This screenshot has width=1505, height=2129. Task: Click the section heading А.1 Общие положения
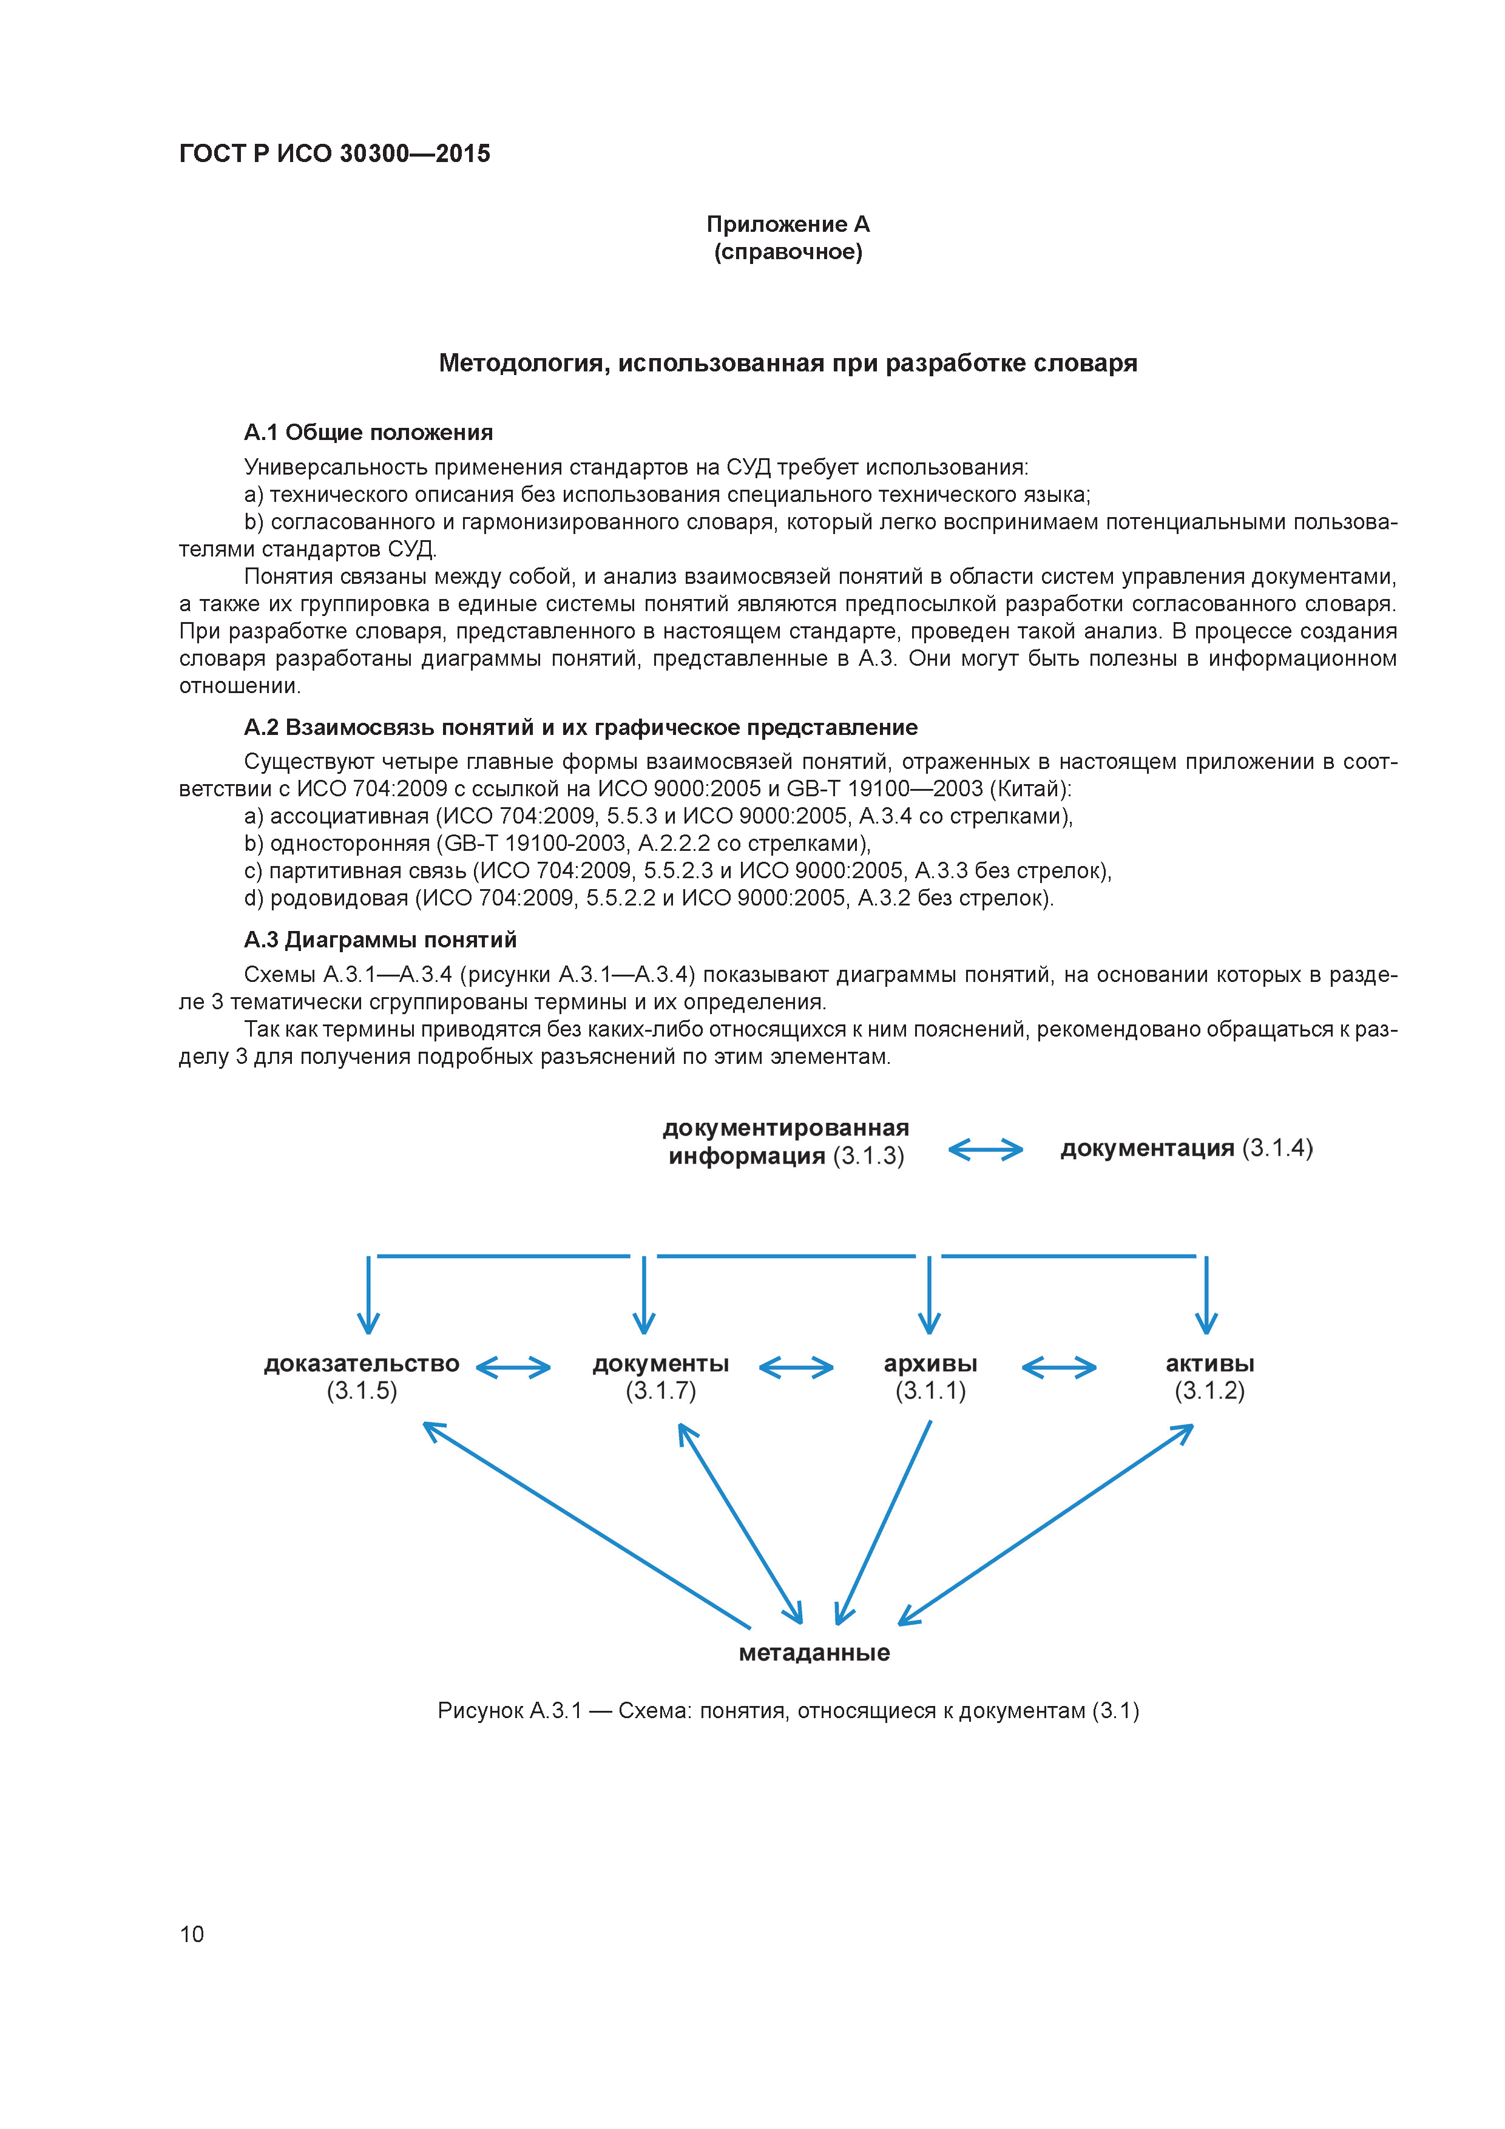click(368, 433)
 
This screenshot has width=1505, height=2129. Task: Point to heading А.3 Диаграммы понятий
click(380, 940)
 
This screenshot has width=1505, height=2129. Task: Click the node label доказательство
click(362, 1364)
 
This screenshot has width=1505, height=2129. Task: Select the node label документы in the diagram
click(660, 1364)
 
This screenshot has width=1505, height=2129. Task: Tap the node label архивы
click(930, 1364)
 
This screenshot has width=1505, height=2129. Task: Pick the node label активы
click(1209, 1364)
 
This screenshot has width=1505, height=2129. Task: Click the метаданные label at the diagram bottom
click(814, 1653)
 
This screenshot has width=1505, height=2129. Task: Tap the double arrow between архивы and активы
click(1059, 1367)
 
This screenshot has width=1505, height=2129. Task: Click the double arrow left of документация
click(985, 1151)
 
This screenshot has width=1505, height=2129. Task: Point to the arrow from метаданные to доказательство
click(586, 1525)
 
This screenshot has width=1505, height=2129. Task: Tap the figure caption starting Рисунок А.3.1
click(788, 1711)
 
